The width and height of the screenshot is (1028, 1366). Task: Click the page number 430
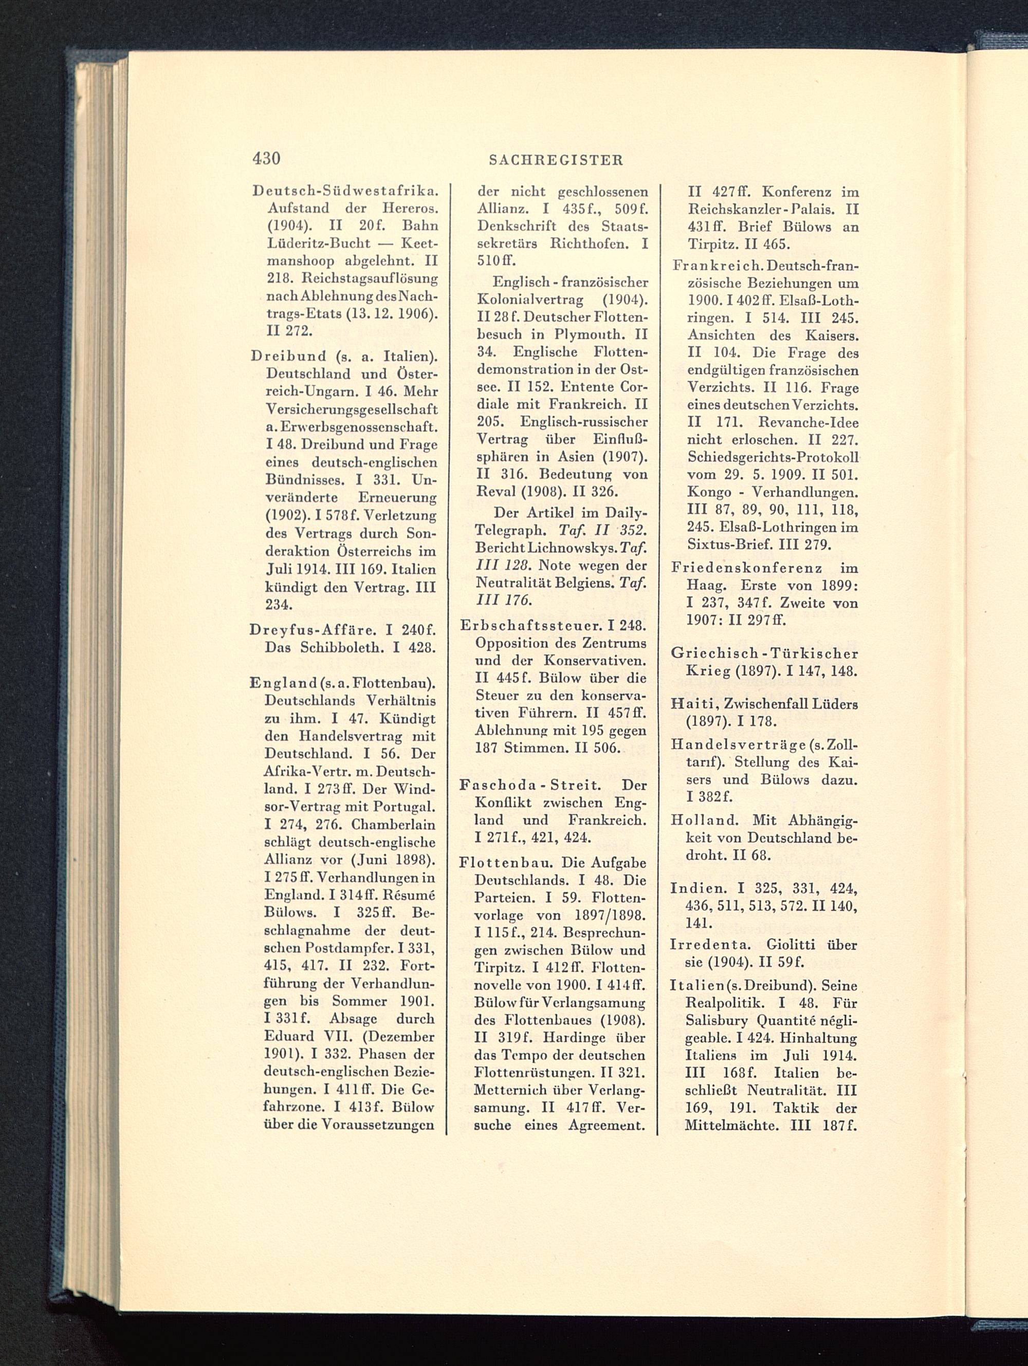266,159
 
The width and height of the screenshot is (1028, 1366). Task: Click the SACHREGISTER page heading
556,160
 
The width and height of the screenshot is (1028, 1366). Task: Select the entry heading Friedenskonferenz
747,568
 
